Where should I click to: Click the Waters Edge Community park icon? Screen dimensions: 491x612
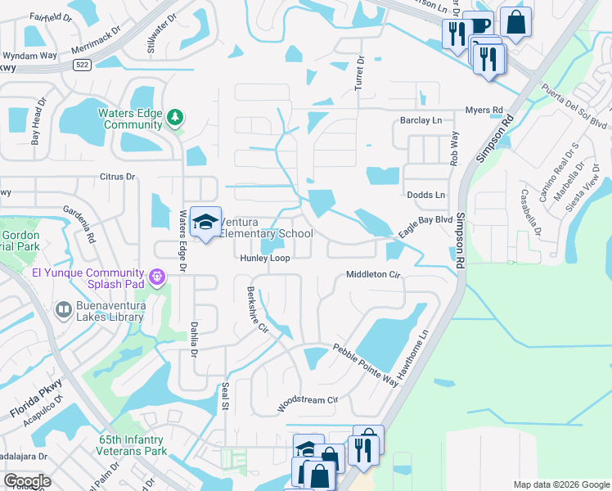(174, 119)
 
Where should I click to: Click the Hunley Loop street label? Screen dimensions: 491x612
(265, 258)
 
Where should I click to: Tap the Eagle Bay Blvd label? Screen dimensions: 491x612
(425, 220)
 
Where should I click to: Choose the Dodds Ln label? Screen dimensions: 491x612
(426, 195)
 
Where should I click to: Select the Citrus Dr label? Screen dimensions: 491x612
(116, 176)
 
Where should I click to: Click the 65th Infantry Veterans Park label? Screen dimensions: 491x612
(132, 445)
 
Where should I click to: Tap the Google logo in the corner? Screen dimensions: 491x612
(27, 481)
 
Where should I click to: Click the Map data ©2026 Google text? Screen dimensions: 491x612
(561, 484)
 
